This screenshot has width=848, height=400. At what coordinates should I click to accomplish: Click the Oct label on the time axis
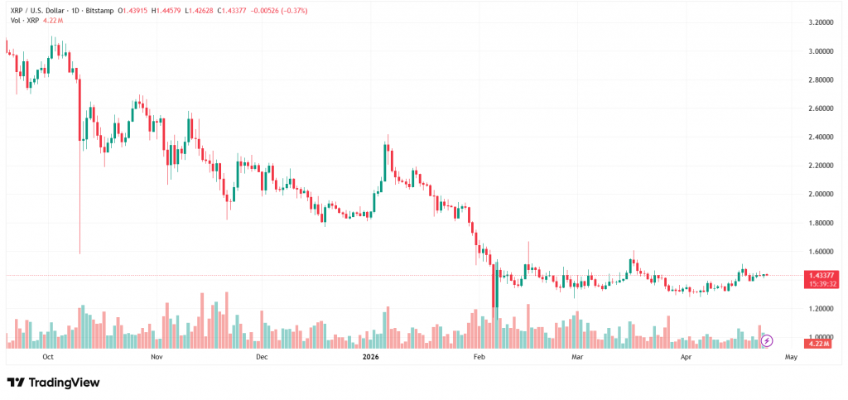pos(47,358)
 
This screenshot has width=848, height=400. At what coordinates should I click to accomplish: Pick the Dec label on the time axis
pos(262,358)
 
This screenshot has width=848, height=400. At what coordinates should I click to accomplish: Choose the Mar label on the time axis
pos(579,358)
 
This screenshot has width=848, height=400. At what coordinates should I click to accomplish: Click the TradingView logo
pos(54,383)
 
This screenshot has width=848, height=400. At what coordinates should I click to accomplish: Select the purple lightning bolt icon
pos(767,340)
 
